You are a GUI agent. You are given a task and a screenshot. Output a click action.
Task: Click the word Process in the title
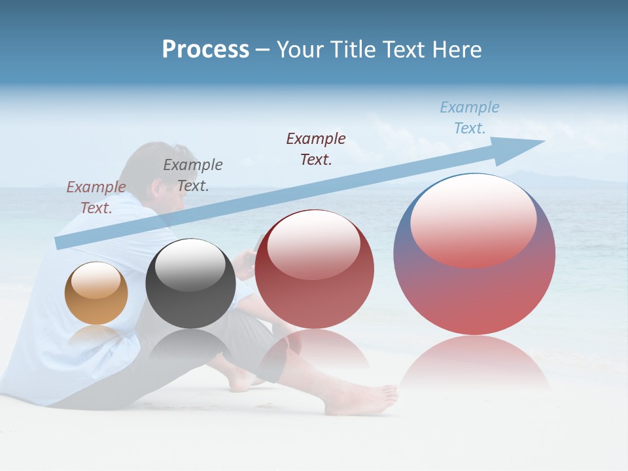205,50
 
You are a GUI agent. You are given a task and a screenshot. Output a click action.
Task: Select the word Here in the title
458,50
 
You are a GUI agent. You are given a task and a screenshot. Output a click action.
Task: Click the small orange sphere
96,293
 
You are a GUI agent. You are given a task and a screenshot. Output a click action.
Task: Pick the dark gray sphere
190,284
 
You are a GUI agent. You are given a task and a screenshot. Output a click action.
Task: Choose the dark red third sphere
314,270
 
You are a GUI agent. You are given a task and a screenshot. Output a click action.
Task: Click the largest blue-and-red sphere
474,255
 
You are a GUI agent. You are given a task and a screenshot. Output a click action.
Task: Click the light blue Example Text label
469,118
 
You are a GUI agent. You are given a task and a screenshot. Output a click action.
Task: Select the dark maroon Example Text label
316,148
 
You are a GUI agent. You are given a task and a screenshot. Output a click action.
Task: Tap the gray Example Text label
193,175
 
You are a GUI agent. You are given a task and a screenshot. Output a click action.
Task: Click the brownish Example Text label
96,197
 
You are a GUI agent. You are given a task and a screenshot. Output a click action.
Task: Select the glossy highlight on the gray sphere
190,265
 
